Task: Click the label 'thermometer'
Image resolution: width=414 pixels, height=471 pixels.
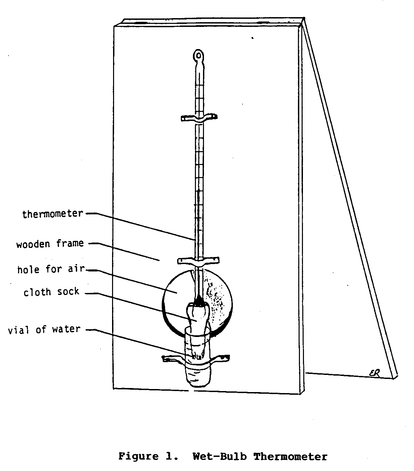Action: click(52, 214)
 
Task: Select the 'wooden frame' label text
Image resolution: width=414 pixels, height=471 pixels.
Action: click(50, 244)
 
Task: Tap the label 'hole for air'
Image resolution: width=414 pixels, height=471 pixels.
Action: click(51, 269)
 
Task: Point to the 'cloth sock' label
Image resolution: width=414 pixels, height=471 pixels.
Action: click(51, 292)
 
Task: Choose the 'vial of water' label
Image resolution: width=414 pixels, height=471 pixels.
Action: click(44, 329)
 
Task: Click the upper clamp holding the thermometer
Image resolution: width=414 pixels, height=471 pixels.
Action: click(199, 118)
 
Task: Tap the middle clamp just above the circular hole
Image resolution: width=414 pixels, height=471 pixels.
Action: click(198, 261)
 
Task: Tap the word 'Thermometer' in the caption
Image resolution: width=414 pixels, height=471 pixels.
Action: click(290, 457)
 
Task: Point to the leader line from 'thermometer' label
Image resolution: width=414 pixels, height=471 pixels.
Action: click(141, 226)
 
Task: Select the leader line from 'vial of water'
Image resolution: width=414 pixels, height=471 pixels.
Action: click(141, 343)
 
